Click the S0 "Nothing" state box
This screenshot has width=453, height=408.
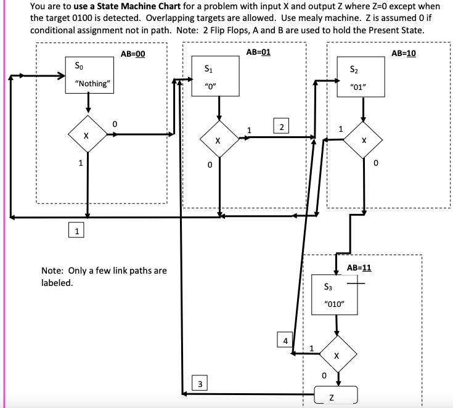[90, 75]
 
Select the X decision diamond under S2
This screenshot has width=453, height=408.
[364, 140]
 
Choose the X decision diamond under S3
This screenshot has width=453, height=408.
[336, 356]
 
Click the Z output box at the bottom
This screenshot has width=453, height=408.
[336, 394]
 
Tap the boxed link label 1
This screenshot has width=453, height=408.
[76, 231]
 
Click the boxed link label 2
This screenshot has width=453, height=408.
[281, 127]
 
